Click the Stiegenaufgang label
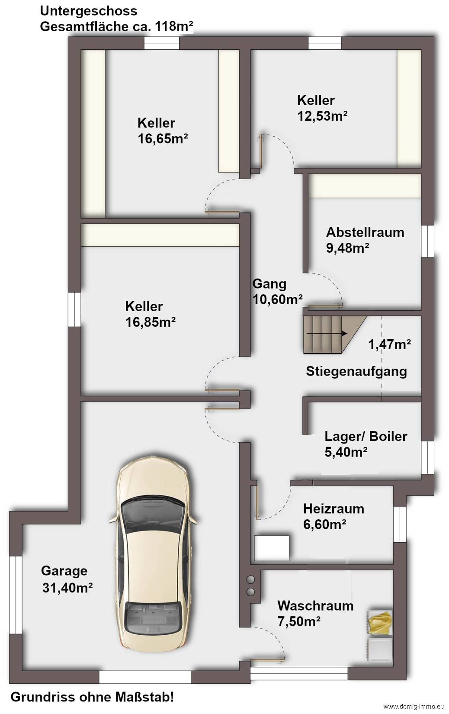[356, 372]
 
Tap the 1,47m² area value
[389, 344]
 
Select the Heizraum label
[334, 509]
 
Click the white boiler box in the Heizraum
[272, 548]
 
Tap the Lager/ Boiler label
[366, 436]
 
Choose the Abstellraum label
[365, 232]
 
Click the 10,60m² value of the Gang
[278, 299]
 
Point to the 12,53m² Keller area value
[323, 116]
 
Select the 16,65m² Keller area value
[163, 138]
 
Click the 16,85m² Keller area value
[151, 322]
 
